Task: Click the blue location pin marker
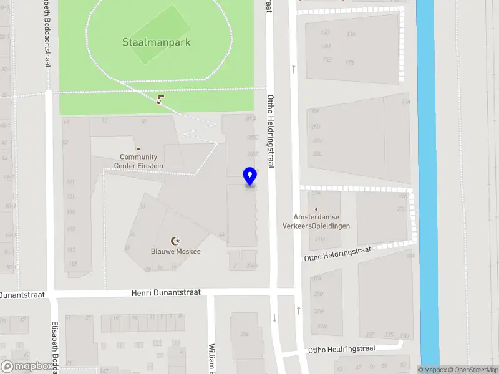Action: pyautogui.click(x=249, y=176)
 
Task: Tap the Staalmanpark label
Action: pyautogui.click(x=156, y=43)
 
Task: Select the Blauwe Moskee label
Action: pyautogui.click(x=176, y=251)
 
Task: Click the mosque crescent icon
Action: pyautogui.click(x=176, y=241)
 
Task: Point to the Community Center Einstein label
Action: pyautogui.click(x=138, y=161)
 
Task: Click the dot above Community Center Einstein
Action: pyautogui.click(x=138, y=148)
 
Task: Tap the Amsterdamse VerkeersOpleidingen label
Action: pyautogui.click(x=316, y=221)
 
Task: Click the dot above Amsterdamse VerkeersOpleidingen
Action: pyautogui.click(x=316, y=209)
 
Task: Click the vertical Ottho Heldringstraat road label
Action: pyautogui.click(x=270, y=131)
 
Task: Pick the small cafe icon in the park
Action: pyautogui.click(x=162, y=100)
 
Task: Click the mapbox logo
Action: pyautogui.click(x=27, y=367)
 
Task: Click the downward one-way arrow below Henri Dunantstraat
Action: pyautogui.click(x=274, y=318)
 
